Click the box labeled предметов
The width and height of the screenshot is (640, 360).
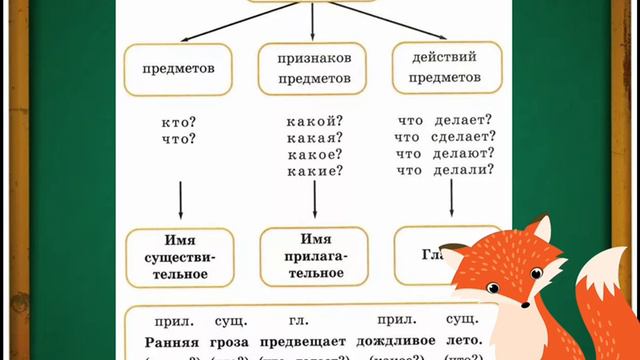coord(179,69)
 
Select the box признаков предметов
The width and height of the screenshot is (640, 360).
coord(313,69)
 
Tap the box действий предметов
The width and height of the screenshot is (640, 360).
coord(446,69)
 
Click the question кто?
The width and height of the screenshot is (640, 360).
coord(179,122)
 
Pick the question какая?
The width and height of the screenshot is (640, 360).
coord(314,138)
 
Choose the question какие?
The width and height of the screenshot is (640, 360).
coord(314,170)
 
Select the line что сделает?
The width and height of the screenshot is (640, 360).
coord(445,138)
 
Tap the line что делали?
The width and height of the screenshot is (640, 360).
coord(445,170)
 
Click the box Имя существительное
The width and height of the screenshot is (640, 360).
coord(179,257)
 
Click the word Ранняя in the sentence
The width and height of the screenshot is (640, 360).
coord(173,341)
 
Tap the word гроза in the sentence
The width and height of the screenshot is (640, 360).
coord(231,341)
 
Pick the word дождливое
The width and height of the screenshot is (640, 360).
coord(394,341)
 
